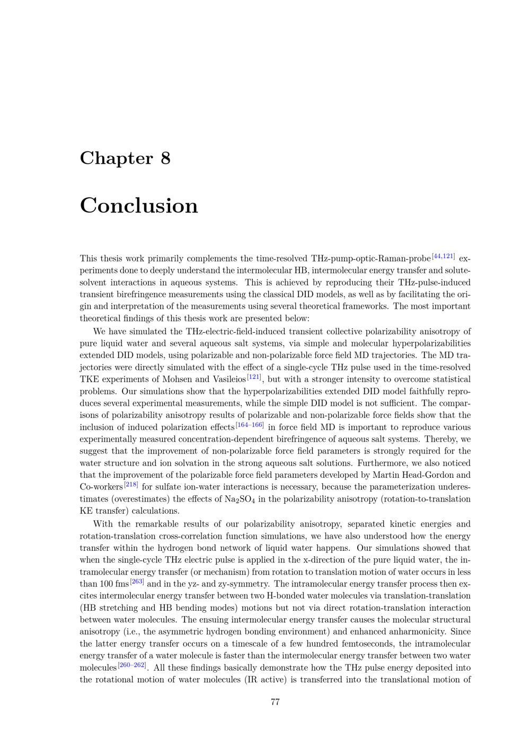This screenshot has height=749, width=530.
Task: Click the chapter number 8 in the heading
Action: pos(165,158)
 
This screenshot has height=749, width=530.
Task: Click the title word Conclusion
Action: pos(139,206)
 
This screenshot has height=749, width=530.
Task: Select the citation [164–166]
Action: pos(250,425)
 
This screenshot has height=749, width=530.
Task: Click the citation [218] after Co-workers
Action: pos(131,485)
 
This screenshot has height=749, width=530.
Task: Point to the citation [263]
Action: pos(137,582)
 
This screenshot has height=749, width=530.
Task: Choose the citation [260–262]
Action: pos(132,665)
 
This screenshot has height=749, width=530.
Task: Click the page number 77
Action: pos(275,702)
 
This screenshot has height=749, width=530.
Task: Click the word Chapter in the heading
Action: pos(116,158)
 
